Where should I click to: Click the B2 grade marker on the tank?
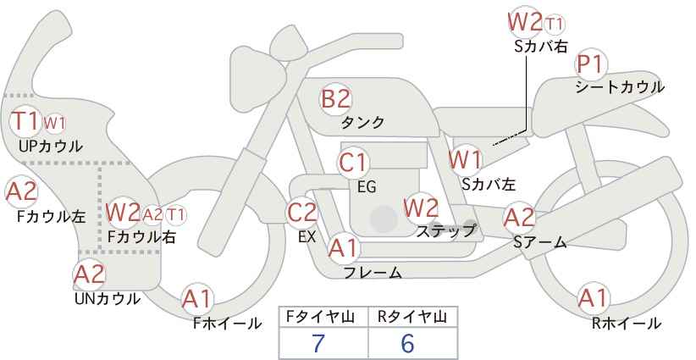(x=335, y=99)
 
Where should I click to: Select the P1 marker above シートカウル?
(x=591, y=65)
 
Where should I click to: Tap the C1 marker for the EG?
(x=353, y=163)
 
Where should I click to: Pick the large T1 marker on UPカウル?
(x=25, y=121)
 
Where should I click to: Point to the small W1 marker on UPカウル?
(x=54, y=123)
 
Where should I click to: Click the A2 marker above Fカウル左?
(x=21, y=192)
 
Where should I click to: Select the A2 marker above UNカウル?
(x=89, y=274)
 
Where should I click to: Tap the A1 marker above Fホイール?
(x=197, y=299)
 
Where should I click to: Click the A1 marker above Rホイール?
(x=594, y=298)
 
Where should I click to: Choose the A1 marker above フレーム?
(x=343, y=248)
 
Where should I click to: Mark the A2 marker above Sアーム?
(x=519, y=218)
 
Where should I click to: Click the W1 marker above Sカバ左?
(x=465, y=160)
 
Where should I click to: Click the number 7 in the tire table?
(x=318, y=343)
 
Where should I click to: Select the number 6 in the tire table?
(x=407, y=343)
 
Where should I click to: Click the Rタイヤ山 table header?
(x=412, y=317)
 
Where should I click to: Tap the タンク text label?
(x=362, y=123)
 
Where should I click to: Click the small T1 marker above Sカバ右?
(x=555, y=25)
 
